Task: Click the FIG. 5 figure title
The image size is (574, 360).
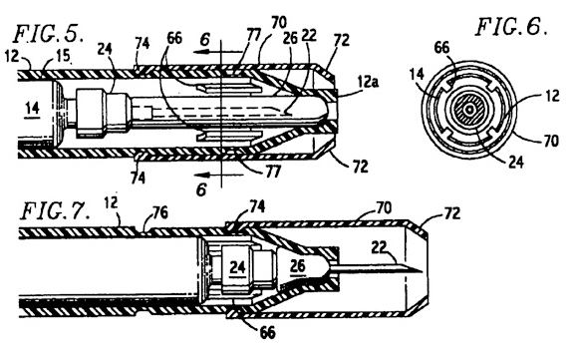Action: (49, 33)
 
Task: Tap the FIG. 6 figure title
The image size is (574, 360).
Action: (512, 26)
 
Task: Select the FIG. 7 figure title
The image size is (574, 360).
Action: (55, 210)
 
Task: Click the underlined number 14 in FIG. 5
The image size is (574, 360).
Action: (33, 109)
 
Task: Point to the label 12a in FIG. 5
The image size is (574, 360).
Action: (369, 82)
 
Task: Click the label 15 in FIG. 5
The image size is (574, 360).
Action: (63, 55)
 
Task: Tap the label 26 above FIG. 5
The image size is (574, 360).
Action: (290, 39)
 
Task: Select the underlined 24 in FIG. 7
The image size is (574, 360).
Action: (237, 267)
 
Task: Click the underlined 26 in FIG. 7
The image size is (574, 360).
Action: (297, 266)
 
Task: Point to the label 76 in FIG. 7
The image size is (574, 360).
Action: (159, 212)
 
